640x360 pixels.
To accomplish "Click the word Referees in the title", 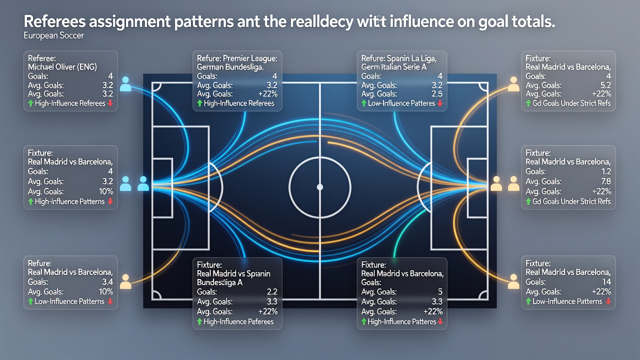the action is point(54,21).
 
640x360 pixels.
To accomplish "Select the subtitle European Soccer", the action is point(53,35).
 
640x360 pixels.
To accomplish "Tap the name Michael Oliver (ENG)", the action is point(62,67).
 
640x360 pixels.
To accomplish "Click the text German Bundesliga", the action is point(230,67).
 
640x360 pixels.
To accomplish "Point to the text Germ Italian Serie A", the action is point(393,67).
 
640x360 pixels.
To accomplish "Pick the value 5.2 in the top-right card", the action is point(605,85).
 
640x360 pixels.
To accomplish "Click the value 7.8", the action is point(605,181).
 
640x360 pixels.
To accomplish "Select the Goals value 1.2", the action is point(605,171).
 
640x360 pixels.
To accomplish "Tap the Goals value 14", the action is point(606,282).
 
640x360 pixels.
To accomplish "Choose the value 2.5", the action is point(437,94).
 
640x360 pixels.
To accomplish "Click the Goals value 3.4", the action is point(107,282).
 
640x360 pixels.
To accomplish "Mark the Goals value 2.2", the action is point(272,291).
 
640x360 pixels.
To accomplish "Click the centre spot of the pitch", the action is point(320,187).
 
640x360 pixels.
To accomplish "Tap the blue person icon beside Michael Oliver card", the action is point(125,83).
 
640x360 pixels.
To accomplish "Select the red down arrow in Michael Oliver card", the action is point(110,103).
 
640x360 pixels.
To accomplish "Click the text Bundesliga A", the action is point(219,282).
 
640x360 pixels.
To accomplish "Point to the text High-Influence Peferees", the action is point(238,321).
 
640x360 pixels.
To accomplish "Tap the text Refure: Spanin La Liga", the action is point(399,58).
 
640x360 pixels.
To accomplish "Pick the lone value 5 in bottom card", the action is point(440,291).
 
